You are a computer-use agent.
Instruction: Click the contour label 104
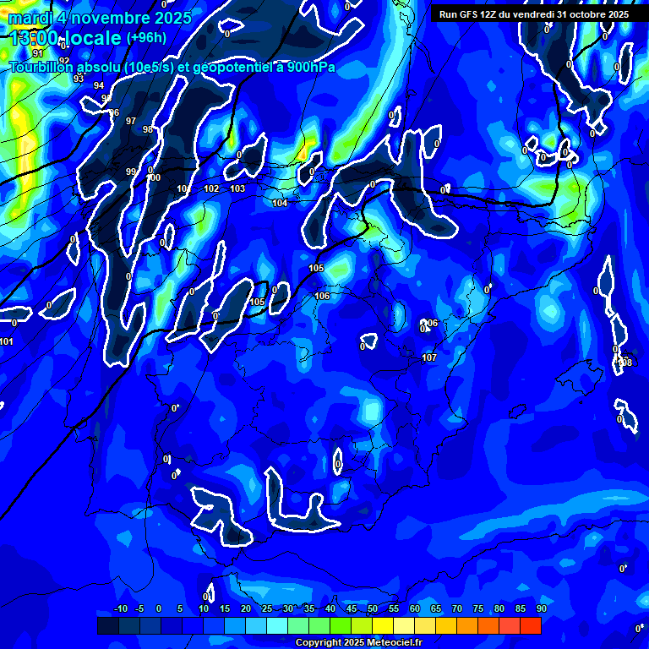click(x=280, y=203)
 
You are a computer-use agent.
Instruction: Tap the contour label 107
click(x=429, y=358)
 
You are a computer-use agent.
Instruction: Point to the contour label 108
click(x=625, y=363)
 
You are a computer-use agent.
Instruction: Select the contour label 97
click(x=130, y=122)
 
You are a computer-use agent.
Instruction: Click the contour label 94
click(x=99, y=86)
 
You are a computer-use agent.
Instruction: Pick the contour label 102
click(x=211, y=188)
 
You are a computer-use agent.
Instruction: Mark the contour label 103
click(x=237, y=188)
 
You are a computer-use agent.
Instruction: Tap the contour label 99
click(x=131, y=172)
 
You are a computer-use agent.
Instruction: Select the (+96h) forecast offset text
click(x=147, y=38)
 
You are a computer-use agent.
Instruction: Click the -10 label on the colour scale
click(x=120, y=609)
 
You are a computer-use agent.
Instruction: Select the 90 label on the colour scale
click(x=541, y=609)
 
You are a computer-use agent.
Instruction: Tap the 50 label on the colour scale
click(x=373, y=609)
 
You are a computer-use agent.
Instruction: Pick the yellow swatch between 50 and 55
click(x=383, y=625)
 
